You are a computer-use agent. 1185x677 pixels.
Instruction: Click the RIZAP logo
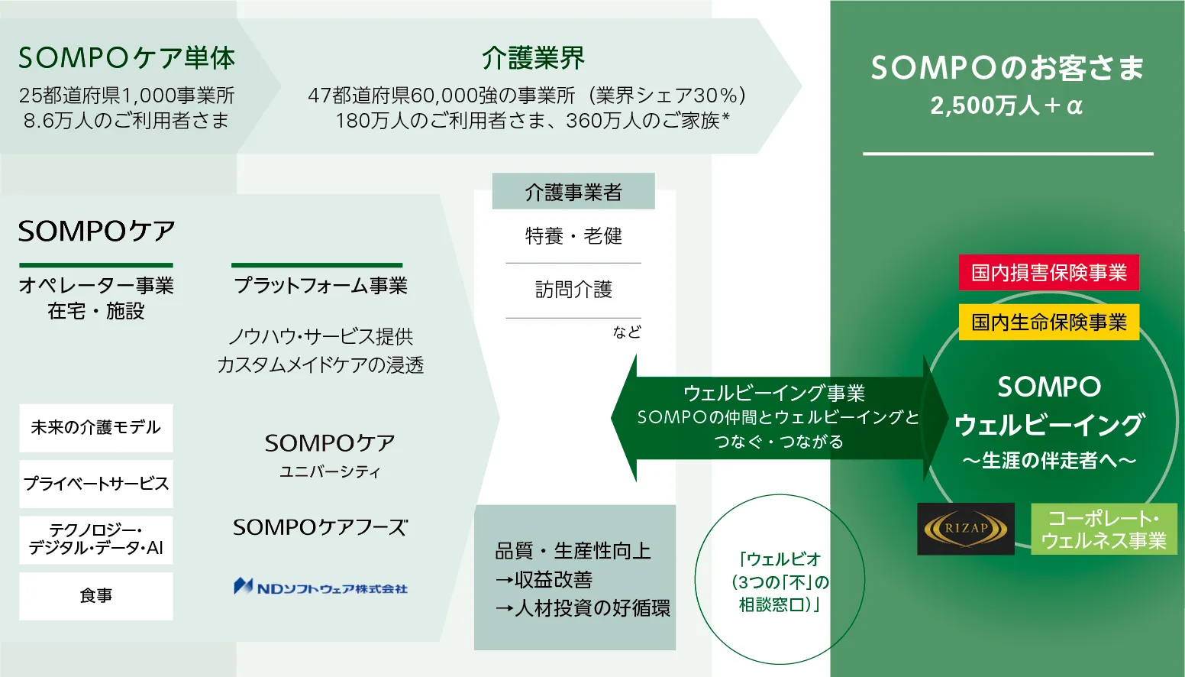click(966, 528)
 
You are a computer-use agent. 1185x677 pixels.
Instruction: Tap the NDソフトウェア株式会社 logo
click(321, 587)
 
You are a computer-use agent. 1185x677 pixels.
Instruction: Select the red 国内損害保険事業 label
click(1048, 273)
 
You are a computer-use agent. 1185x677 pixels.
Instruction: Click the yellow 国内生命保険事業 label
click(1048, 322)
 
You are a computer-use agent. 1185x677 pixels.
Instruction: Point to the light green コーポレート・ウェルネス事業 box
click(1103, 529)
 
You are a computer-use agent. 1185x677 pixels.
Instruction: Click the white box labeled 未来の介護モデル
click(96, 428)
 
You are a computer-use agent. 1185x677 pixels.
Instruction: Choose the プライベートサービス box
click(96, 484)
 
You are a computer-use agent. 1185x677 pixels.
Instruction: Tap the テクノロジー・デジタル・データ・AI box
click(96, 539)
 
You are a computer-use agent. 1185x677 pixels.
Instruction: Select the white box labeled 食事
click(96, 596)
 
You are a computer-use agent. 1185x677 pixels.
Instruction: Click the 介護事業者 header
click(573, 192)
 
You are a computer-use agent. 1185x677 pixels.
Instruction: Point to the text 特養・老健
click(573, 236)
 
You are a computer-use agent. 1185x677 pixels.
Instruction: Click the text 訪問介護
click(573, 290)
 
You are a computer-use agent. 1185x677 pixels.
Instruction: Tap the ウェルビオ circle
click(779, 581)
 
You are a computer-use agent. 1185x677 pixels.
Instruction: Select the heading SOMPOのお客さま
click(1007, 68)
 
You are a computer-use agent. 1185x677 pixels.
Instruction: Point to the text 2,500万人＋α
click(1007, 105)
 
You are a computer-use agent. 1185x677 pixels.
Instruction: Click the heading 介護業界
click(533, 58)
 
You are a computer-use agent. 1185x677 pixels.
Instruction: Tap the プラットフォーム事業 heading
click(321, 286)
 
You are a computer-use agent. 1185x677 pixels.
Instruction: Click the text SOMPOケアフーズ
click(321, 527)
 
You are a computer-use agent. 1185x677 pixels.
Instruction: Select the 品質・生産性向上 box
click(575, 578)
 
